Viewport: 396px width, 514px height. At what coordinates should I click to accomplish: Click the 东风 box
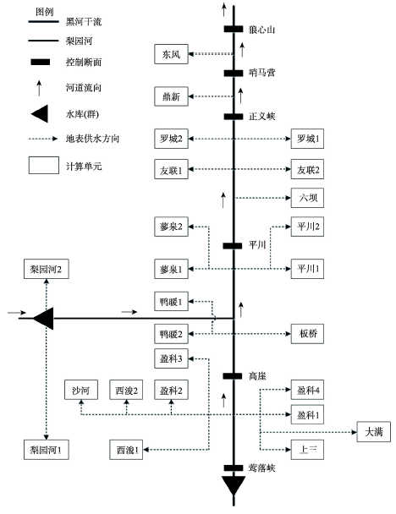[x=171, y=54]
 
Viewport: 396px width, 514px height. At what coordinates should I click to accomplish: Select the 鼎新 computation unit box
[x=171, y=96]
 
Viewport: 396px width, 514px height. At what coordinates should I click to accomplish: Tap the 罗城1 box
[x=307, y=139]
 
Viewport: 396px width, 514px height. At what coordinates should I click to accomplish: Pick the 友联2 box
[x=307, y=169]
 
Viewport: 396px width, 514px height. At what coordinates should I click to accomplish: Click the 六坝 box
[x=307, y=198]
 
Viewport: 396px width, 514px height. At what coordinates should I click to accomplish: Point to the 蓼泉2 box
[x=171, y=227]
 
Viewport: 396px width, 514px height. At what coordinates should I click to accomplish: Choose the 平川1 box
[x=307, y=269]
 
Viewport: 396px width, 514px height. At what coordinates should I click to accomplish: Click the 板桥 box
[x=307, y=334]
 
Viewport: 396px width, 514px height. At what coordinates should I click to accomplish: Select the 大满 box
[x=374, y=432]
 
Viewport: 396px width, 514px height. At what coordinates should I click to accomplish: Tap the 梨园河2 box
[x=47, y=269]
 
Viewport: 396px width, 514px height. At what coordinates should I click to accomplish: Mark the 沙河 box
[x=81, y=390]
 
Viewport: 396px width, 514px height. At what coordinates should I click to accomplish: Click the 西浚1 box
[x=126, y=450]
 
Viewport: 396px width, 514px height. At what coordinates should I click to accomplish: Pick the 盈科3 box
[x=171, y=358]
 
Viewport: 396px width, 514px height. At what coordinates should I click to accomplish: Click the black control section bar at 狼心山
[x=234, y=29]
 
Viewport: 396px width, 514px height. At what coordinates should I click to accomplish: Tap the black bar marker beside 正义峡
[x=234, y=117]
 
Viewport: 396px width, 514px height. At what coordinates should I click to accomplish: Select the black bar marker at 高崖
[x=233, y=376]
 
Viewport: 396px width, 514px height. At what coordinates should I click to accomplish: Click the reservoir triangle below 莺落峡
[x=234, y=484]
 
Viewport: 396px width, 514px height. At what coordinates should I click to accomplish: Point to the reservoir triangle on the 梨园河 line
[x=44, y=319]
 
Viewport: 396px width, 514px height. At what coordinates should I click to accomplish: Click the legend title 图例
[x=45, y=12]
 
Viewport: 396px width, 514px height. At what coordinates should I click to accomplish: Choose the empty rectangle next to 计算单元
[x=44, y=165]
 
